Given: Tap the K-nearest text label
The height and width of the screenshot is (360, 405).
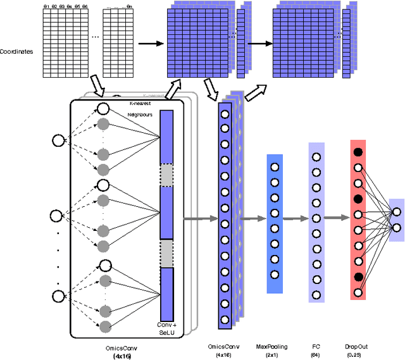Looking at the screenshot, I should tap(141, 103).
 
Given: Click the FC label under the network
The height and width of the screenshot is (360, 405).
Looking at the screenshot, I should tap(316, 347).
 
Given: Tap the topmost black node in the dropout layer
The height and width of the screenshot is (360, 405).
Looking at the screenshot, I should tap(359, 152).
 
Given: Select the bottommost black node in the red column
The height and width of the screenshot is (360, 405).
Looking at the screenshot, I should tap(359, 276).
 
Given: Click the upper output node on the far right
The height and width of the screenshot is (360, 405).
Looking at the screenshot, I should tap(397, 212).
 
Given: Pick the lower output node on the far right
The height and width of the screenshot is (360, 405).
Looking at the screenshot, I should tap(397, 227).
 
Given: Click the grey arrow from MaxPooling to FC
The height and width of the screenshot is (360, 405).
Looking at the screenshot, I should tap(296, 219).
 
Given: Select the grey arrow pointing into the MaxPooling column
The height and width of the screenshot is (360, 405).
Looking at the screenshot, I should tap(255, 219).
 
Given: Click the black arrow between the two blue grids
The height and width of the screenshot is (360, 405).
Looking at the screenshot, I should tap(258, 44).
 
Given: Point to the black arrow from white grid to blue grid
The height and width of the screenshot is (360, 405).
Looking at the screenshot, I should tap(151, 44).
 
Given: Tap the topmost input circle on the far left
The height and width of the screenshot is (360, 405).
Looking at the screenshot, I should tap(58, 140).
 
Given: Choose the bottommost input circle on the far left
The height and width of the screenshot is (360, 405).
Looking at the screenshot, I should tap(58, 295).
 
